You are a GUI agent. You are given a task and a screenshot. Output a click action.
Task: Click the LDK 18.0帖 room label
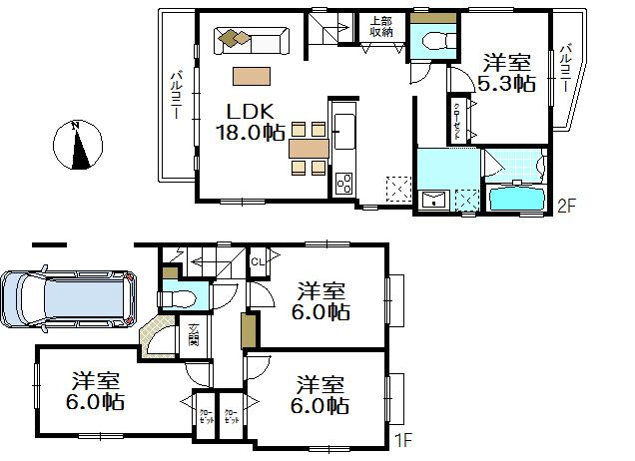point(250,120)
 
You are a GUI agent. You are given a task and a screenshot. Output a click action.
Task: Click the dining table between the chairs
point(309,148)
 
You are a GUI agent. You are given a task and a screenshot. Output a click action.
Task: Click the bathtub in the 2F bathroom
point(515,197)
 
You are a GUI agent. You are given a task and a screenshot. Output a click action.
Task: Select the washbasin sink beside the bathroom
point(433,199)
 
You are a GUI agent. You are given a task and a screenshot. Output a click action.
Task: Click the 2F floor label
point(566,207)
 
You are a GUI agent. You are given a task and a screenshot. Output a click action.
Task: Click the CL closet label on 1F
point(257,262)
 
